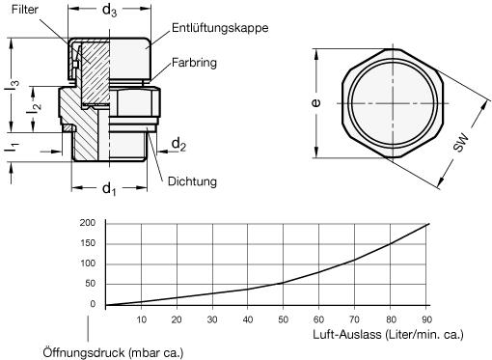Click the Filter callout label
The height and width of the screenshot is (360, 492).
pyautogui.click(x=25, y=10)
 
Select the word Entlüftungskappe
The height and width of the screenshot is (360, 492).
pyautogui.click(x=220, y=28)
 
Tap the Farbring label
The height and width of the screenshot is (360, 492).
pyautogui.click(x=194, y=63)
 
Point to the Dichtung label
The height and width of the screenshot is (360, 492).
pyautogui.click(x=192, y=181)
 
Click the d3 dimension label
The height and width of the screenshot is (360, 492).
pyautogui.click(x=109, y=11)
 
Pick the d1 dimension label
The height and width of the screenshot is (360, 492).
pyautogui.click(x=109, y=188)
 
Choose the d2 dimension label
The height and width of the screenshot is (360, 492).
pyautogui.click(x=178, y=144)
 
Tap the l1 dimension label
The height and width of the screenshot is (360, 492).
pyautogui.click(x=13, y=147)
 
